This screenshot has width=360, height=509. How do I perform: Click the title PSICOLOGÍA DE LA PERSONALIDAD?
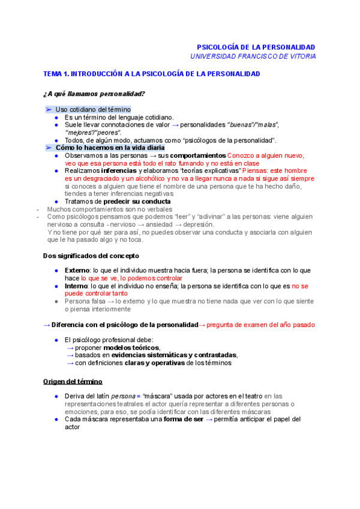coord(256,47)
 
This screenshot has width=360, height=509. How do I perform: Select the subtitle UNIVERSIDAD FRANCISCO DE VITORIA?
coord(253,56)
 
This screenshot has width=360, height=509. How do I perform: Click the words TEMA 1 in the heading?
coord(56,74)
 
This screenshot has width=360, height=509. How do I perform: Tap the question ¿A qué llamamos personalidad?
coord(94,94)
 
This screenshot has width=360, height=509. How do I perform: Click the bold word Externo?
coord(77,271)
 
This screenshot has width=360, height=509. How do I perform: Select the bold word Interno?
coord(76,287)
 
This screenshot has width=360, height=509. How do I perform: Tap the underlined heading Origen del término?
coord(73,381)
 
